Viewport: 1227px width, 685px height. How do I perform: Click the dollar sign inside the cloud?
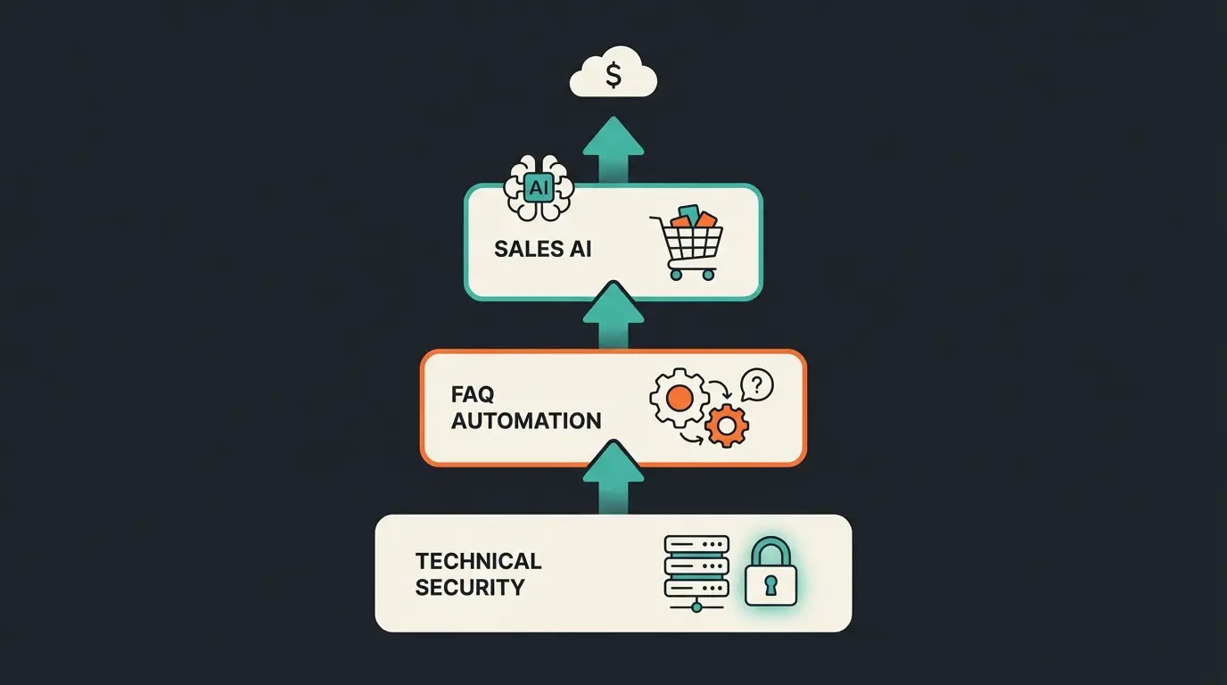[x=613, y=76]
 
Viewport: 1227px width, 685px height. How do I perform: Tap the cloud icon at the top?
[x=613, y=75]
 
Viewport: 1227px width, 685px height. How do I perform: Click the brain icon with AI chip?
[x=539, y=188]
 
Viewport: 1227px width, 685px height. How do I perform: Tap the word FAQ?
[x=473, y=393]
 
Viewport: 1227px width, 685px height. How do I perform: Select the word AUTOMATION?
[x=526, y=420]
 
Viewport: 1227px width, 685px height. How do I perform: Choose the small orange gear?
[x=726, y=425]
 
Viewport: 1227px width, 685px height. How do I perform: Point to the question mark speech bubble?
[x=757, y=385]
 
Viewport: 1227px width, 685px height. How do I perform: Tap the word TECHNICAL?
[x=478, y=561]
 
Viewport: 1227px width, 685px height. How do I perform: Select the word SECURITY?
[x=470, y=588]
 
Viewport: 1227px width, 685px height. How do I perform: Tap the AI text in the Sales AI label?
[x=580, y=249]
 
